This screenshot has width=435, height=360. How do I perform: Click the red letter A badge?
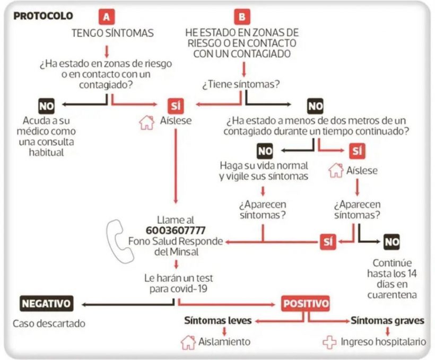(x=107, y=17)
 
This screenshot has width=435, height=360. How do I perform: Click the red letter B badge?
(x=242, y=16)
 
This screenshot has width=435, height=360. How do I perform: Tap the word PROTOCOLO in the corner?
(x=43, y=16)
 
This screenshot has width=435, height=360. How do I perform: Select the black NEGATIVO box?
(x=47, y=303)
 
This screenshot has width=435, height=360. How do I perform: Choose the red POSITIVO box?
(x=306, y=303)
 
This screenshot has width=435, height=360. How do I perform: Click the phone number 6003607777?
(x=176, y=231)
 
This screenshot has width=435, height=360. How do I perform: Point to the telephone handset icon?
(x=119, y=242)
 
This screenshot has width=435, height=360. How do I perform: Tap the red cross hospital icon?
(x=329, y=343)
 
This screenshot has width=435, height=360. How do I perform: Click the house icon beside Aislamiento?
(x=188, y=343)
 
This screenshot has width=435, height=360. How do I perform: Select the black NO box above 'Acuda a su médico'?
(x=46, y=106)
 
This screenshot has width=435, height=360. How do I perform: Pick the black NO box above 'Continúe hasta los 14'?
(x=391, y=242)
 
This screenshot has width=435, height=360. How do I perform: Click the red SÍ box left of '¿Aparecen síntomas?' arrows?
(x=328, y=242)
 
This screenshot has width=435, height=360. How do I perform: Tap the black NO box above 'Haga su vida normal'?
(x=265, y=151)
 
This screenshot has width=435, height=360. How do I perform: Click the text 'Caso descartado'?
(x=49, y=323)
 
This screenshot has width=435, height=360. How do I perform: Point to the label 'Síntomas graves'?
(x=388, y=321)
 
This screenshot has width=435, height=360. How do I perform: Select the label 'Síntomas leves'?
(x=218, y=321)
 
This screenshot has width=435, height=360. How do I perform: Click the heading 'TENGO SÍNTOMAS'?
(x=112, y=33)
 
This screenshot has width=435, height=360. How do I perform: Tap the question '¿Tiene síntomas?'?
(x=241, y=84)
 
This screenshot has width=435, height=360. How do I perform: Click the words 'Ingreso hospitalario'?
(x=384, y=342)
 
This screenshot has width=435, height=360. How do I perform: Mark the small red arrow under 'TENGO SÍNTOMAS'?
(x=107, y=51)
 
